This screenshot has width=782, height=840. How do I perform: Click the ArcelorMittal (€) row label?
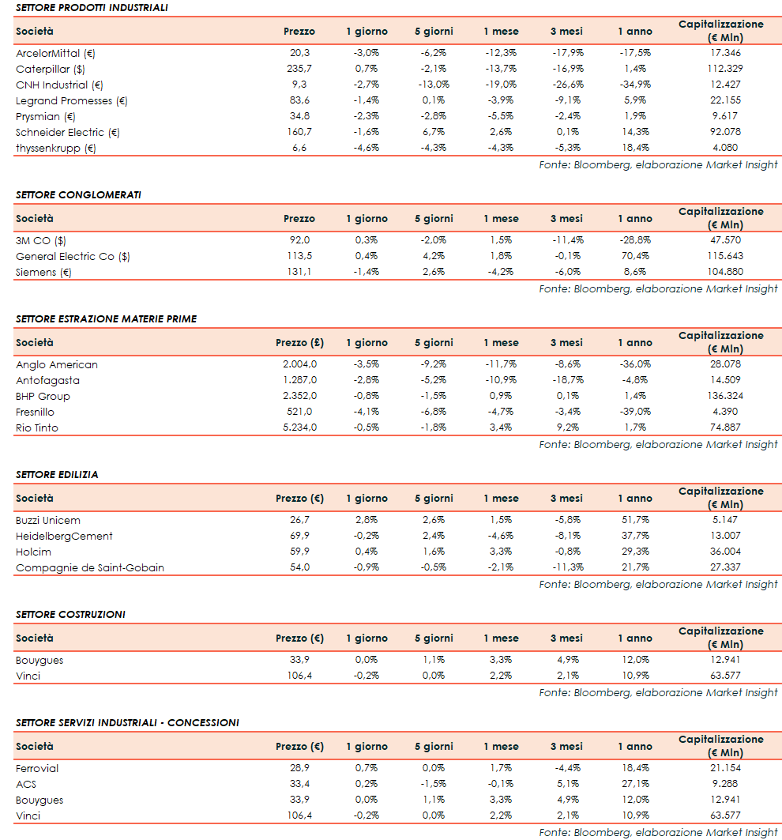point(55,53)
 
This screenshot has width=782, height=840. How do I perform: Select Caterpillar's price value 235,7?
point(299,69)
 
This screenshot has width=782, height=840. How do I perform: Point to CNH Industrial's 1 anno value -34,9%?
point(635,85)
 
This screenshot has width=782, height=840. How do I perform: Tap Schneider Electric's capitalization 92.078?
point(721,132)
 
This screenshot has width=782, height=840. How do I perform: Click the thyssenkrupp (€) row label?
point(55,148)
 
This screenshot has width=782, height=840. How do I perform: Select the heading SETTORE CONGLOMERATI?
point(78,194)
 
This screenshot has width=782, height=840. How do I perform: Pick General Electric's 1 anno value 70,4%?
point(635,256)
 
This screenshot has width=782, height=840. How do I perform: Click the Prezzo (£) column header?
point(299,343)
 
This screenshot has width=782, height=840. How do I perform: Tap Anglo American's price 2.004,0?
point(299,364)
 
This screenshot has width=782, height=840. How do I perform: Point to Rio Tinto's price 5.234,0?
point(299,428)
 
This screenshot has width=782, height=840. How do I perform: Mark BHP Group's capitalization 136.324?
point(721,396)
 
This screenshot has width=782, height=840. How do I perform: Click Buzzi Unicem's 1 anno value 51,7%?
point(635,520)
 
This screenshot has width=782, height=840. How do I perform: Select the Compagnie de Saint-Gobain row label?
point(90,567)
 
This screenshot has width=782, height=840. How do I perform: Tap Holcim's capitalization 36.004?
point(721,552)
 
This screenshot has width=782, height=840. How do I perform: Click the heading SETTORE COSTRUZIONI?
point(70,614)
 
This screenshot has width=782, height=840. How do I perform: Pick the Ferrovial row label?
point(37,768)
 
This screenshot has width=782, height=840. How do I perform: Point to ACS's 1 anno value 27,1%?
point(635,784)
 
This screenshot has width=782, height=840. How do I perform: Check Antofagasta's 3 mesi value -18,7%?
point(566,380)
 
